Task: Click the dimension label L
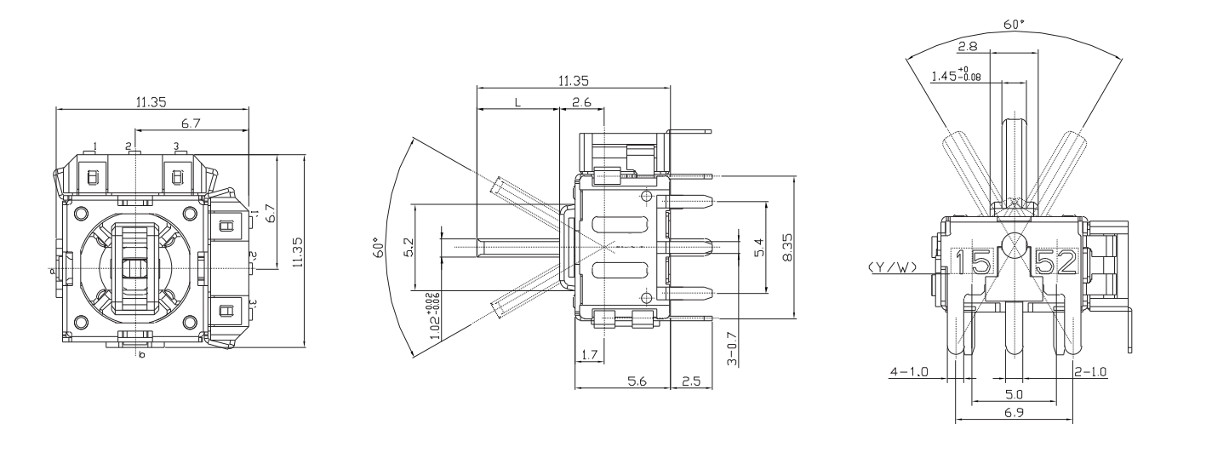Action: pos(517,102)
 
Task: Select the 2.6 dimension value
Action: pos(581,102)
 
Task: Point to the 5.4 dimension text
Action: pos(759,248)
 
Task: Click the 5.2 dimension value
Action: pos(408,248)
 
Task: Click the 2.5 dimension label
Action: pos(691,382)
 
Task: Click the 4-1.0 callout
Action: pos(908,371)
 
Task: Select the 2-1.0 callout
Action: pos(1090,371)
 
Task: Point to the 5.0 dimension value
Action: pos(1013,395)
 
